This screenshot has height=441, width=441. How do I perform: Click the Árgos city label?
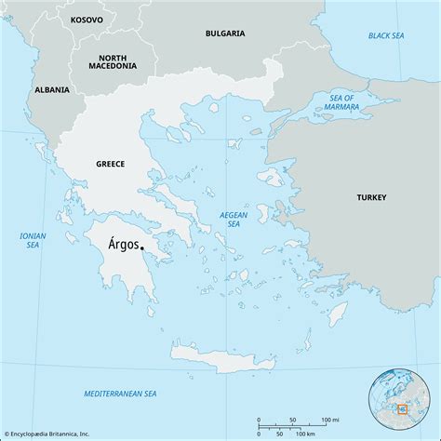pos(115,245)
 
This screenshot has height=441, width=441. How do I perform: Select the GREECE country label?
pos(110,163)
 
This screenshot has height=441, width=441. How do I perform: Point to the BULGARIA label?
pos(224,33)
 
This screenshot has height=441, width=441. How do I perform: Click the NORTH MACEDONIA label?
pos(113,61)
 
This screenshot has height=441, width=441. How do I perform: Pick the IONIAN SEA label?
pos(33,241)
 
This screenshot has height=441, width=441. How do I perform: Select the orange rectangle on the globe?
pos(402,408)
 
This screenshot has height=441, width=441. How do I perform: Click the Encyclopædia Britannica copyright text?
pos(49,434)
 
